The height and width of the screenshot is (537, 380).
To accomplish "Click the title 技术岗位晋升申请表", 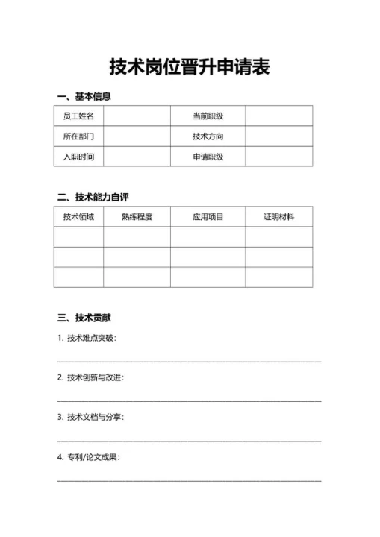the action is pyautogui.click(x=190, y=67).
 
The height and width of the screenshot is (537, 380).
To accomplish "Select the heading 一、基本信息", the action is pyautogui.click(x=84, y=97).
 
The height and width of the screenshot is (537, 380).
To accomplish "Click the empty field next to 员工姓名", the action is pyautogui.click(x=137, y=116).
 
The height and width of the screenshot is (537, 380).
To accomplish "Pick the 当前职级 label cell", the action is pyautogui.click(x=208, y=116).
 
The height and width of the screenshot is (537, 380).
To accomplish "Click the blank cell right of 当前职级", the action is pyautogui.click(x=278, y=116).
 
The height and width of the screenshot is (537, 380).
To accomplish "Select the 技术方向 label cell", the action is pyautogui.click(x=208, y=136).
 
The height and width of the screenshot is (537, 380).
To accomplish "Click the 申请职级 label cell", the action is pyautogui.click(x=208, y=157).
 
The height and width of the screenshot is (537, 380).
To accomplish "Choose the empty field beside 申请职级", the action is pyautogui.click(x=278, y=157).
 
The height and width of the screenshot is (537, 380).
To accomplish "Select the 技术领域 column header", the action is pyautogui.click(x=78, y=217).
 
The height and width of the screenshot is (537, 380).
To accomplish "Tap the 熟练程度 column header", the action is pyautogui.click(x=137, y=217).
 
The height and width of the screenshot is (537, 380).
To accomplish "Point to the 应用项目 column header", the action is pyautogui.click(x=208, y=217).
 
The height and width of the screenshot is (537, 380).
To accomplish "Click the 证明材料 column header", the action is pyautogui.click(x=278, y=217).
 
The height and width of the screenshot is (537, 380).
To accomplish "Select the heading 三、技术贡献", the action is pyautogui.click(x=84, y=318).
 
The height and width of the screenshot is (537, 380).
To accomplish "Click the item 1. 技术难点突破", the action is pyautogui.click(x=87, y=338).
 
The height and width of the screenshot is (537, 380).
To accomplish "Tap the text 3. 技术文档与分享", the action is pyautogui.click(x=90, y=417).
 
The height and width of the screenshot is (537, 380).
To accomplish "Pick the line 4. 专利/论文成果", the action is pyautogui.click(x=88, y=456).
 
